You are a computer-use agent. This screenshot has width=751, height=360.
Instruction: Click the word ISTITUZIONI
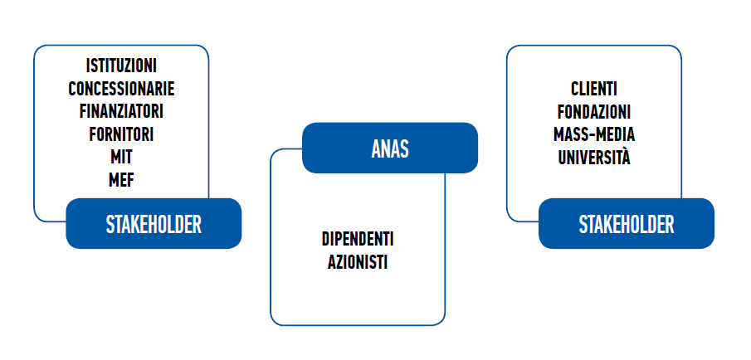pyautogui.click(x=121, y=66)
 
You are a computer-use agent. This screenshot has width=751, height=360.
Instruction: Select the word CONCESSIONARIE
pyautogui.click(x=121, y=89)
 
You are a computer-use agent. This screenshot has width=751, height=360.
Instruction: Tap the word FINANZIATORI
pyautogui.click(x=121, y=111)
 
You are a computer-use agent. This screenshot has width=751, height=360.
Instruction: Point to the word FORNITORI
pyautogui.click(x=121, y=134)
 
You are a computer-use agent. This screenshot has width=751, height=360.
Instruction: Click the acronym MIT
pyautogui.click(x=121, y=158)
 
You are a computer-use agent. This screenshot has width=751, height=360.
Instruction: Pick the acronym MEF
pyautogui.click(x=121, y=181)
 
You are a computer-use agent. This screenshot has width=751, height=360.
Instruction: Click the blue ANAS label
pyautogui.click(x=390, y=148)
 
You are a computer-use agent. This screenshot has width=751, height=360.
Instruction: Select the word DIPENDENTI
pyautogui.click(x=358, y=240)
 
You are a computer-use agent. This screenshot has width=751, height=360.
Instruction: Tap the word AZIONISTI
pyautogui.click(x=358, y=262)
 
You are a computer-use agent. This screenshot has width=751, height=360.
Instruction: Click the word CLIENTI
pyautogui.click(x=594, y=89)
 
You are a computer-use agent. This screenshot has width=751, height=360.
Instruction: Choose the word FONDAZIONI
pyautogui.click(x=594, y=111)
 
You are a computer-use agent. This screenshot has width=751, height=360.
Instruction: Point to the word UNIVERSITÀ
pyautogui.click(x=594, y=157)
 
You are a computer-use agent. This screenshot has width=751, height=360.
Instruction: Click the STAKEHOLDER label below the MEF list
pyautogui.click(x=154, y=224)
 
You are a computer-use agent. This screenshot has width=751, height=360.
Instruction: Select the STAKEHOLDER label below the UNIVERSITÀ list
pyautogui.click(x=627, y=224)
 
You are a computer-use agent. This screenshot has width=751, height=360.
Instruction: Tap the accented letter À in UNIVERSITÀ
pyautogui.click(x=625, y=156)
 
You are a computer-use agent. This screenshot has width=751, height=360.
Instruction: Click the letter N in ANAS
pyautogui.click(x=385, y=148)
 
